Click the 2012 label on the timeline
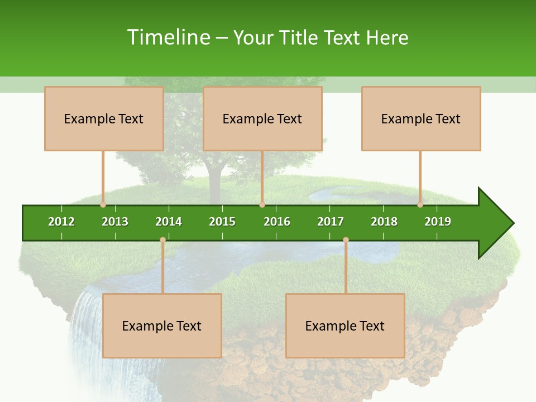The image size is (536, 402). tap(61, 222)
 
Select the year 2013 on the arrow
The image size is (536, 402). tap(115, 222)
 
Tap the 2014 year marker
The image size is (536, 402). tap(169, 222)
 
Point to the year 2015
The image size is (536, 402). tap(222, 222)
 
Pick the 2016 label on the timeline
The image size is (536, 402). tap(277, 222)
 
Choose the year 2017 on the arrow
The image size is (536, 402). tap(331, 222)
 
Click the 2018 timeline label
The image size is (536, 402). tap(384, 222)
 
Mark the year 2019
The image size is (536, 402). tap(438, 222)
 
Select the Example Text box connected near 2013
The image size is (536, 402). tap(104, 118)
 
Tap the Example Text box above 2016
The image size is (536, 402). tap(262, 118)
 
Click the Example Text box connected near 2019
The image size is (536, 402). tap(421, 118)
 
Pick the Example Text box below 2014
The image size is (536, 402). tap(162, 326)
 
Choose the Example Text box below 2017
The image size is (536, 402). tap(345, 326)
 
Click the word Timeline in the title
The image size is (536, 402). tap(167, 37)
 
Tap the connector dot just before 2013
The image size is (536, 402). tap(103, 204)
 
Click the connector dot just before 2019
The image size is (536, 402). tap(420, 204)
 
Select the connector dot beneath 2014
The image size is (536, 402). tap(162, 240)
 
